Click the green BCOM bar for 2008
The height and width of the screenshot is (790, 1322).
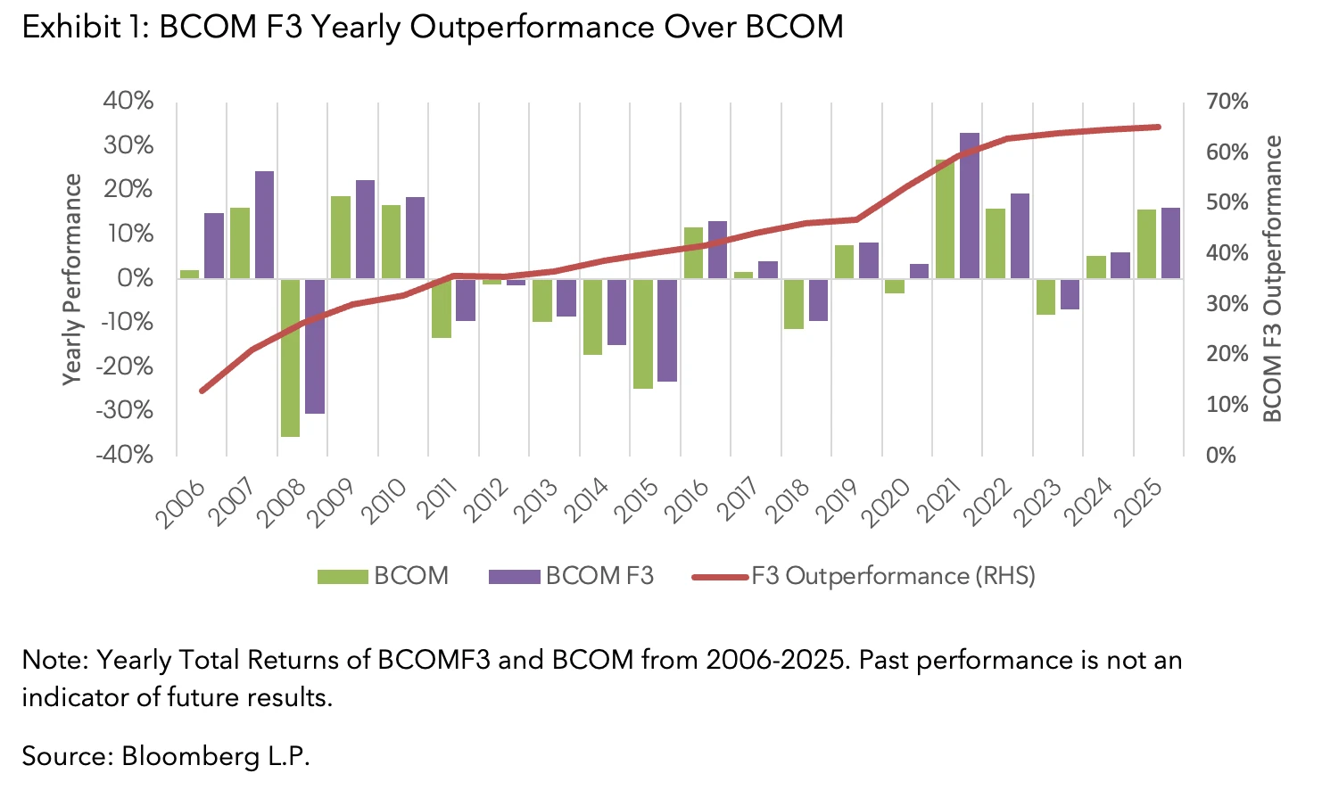click(290, 357)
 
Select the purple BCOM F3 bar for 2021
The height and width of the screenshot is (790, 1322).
click(970, 205)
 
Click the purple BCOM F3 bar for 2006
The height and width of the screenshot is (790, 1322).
click(214, 245)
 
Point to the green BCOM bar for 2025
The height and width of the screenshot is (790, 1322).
click(1146, 243)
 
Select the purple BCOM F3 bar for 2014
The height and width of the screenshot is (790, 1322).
click(616, 311)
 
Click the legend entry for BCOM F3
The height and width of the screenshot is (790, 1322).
click(571, 576)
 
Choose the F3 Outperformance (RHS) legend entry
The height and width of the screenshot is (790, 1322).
click(863, 576)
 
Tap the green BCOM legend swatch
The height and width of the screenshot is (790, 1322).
click(343, 577)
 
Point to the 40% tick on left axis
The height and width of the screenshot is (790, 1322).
click(128, 101)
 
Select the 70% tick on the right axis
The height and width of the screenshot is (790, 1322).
click(1227, 102)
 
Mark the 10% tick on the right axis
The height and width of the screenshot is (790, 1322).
click(1227, 405)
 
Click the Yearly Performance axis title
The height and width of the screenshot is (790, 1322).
click(72, 279)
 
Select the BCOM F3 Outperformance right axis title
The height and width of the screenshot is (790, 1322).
click(1273, 279)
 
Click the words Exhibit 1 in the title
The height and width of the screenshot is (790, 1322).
click(86, 28)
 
